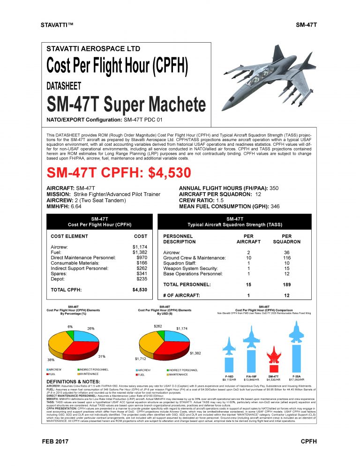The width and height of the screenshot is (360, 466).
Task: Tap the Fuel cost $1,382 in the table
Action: point(140,252)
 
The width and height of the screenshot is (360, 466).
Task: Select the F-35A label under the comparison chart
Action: point(296,376)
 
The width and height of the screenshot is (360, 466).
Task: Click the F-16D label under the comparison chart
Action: point(229,376)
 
